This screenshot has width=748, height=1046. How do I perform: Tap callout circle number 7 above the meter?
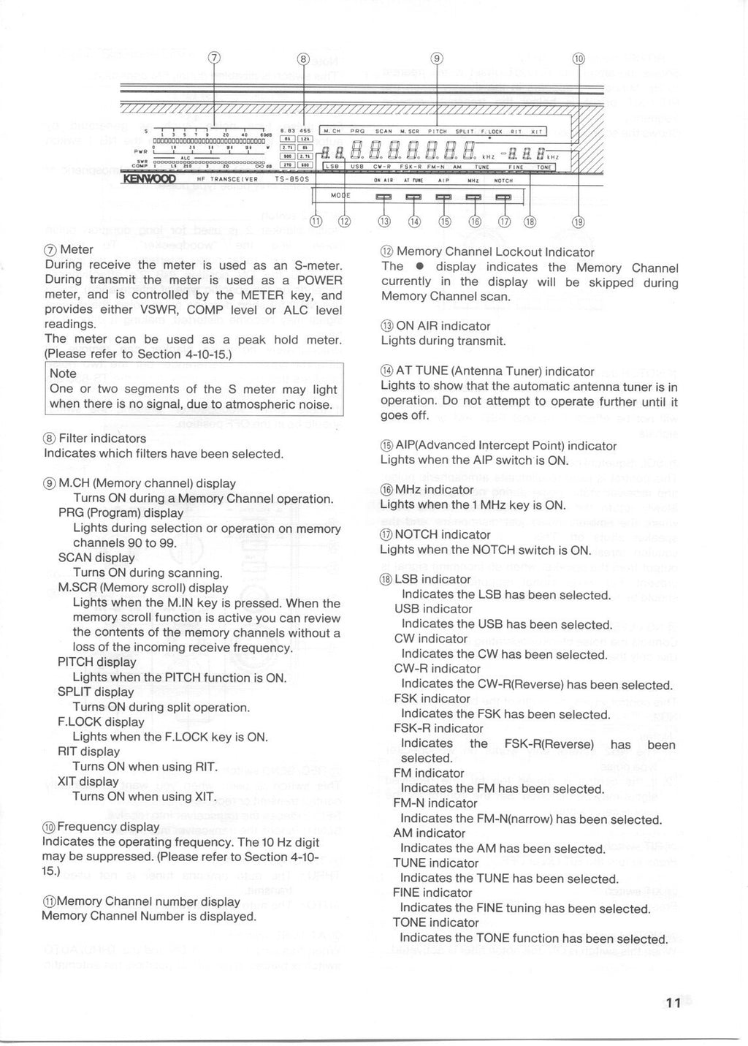[x=213, y=59]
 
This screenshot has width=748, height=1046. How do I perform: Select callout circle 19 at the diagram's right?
[x=577, y=222]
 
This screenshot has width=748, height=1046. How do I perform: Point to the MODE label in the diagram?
[x=341, y=196]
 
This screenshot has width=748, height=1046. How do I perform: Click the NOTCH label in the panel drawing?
[x=504, y=180]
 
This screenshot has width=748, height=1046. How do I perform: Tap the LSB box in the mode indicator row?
[x=331, y=167]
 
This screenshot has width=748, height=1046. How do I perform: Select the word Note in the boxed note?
[x=63, y=374]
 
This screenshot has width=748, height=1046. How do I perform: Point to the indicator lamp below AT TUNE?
[x=414, y=197]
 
